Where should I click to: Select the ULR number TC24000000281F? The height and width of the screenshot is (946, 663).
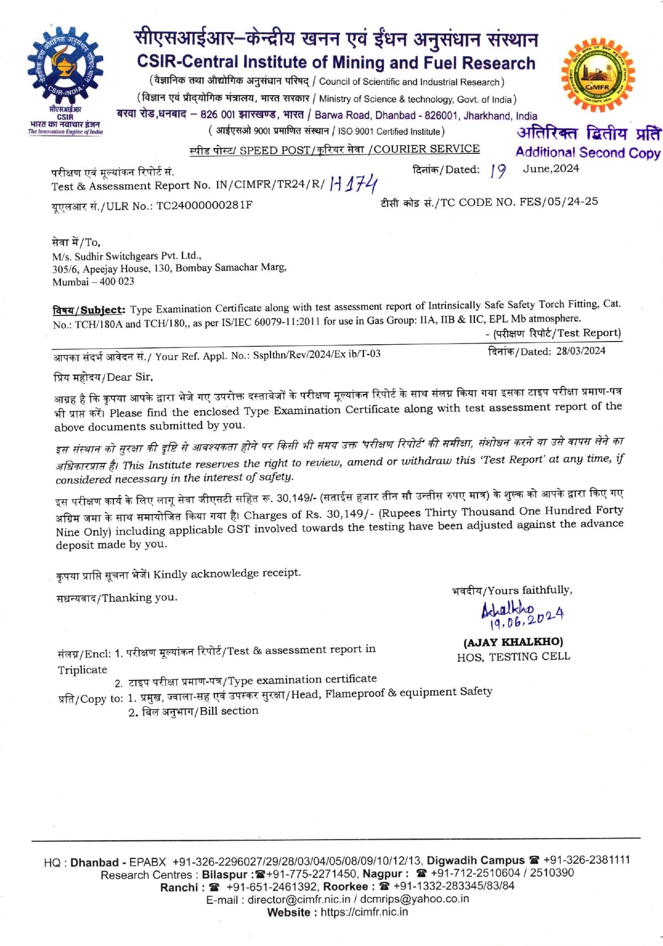204,205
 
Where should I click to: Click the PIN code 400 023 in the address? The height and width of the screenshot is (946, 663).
117,282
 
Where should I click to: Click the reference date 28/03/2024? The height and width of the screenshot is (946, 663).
581,351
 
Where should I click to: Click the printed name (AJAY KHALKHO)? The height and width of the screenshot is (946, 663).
513,641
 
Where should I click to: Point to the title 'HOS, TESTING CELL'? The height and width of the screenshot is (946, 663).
513,656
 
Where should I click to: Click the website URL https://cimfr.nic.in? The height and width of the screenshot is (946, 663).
364,912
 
